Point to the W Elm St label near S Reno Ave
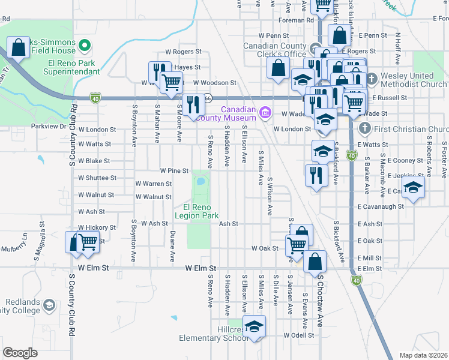tap(201, 268)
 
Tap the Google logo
tap(20, 352)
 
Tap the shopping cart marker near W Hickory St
tap(88, 242)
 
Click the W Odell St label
tap(299, 335)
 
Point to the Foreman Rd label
tap(301, 20)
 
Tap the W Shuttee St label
tap(97, 178)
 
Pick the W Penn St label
tap(274, 36)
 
